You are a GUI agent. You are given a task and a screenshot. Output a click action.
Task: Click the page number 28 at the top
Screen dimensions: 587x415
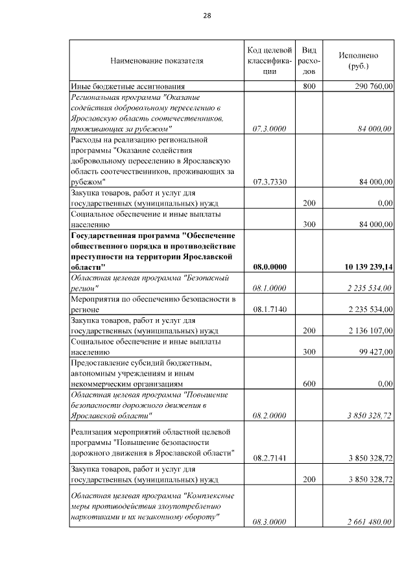[x=207, y=16]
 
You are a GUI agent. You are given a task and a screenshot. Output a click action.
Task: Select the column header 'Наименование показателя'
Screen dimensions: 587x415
[x=156, y=61]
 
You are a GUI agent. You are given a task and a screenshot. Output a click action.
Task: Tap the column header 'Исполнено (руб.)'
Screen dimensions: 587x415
[x=358, y=61]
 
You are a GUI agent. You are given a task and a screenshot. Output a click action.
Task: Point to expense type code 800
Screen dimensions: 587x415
[x=309, y=86]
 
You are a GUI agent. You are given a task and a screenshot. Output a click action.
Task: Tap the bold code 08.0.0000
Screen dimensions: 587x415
[x=268, y=267]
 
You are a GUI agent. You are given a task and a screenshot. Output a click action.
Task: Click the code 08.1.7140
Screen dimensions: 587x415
[x=268, y=309]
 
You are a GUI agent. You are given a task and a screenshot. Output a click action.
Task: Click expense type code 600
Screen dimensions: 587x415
[x=309, y=383]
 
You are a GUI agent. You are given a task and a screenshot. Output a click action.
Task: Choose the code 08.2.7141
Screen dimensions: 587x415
[x=268, y=458]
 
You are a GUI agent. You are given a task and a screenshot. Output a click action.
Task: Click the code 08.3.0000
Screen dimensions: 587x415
[x=268, y=521]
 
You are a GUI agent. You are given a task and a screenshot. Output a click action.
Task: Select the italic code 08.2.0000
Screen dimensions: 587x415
[x=268, y=415]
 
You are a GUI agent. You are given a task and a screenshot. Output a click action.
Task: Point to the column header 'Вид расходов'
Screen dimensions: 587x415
[x=309, y=61]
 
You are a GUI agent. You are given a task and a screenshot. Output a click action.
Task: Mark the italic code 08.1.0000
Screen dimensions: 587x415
[x=268, y=288]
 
